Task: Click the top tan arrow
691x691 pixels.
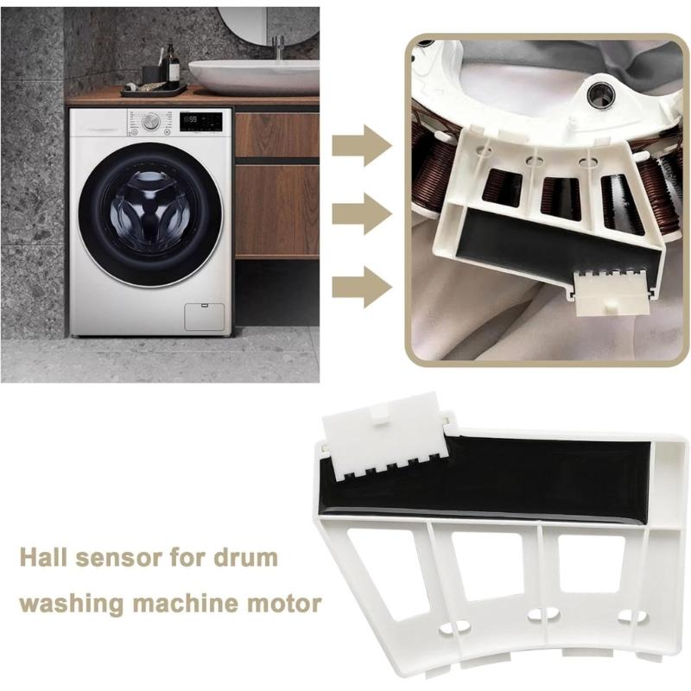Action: [x=361, y=145]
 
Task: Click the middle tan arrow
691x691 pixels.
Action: [x=361, y=214]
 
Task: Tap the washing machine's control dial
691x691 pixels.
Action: [x=151, y=122]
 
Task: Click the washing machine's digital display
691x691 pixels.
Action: [x=200, y=121]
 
